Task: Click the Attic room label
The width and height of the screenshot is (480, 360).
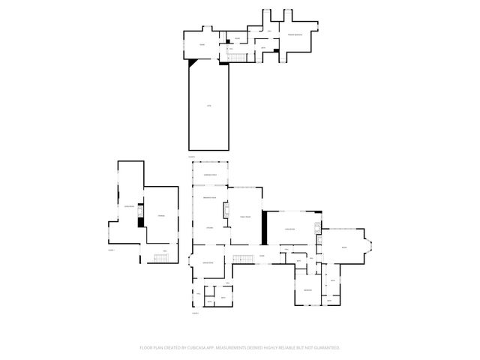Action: (x=209, y=106)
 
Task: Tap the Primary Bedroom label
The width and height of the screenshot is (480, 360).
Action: (x=293, y=34)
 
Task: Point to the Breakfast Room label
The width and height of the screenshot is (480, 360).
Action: (x=210, y=196)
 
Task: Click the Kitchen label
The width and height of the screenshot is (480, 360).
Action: (x=210, y=227)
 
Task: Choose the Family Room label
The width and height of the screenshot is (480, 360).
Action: (x=244, y=215)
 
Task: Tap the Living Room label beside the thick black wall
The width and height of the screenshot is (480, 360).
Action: (x=289, y=229)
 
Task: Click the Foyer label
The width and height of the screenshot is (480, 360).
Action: (x=262, y=256)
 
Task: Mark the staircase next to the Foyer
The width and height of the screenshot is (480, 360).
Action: (x=241, y=259)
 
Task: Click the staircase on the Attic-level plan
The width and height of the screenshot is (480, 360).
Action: (x=238, y=58)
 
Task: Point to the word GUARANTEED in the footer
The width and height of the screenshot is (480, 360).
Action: (x=325, y=348)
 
